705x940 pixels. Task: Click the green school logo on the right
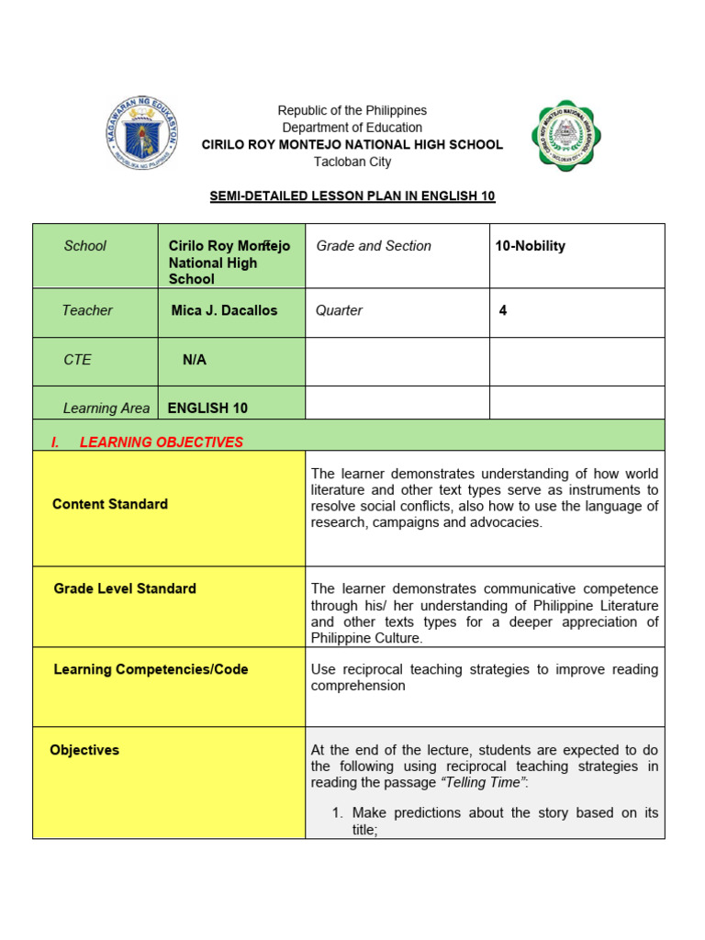pyautogui.click(x=565, y=136)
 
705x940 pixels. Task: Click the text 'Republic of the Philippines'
pyautogui.click(x=352, y=110)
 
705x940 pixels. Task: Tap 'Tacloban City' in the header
pyautogui.click(x=352, y=162)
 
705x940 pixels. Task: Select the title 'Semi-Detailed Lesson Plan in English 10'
pyautogui.click(x=352, y=196)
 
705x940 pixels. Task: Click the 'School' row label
pyautogui.click(x=84, y=246)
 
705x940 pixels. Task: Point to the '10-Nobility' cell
pyautogui.click(x=530, y=246)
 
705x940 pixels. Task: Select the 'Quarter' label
pyautogui.click(x=339, y=310)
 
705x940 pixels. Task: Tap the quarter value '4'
pyautogui.click(x=502, y=310)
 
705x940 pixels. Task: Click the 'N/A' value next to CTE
pyautogui.click(x=195, y=360)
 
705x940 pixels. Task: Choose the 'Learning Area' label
pyautogui.click(x=106, y=408)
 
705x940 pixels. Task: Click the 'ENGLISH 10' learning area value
pyautogui.click(x=207, y=408)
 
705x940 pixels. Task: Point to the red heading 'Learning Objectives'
pyautogui.click(x=161, y=442)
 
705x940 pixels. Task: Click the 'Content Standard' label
pyautogui.click(x=110, y=504)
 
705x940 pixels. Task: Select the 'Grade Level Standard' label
pyautogui.click(x=125, y=588)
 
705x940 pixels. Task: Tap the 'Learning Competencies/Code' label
pyautogui.click(x=151, y=669)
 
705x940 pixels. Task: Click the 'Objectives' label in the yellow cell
pyautogui.click(x=84, y=750)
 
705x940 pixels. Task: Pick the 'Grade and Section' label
pyautogui.click(x=374, y=246)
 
